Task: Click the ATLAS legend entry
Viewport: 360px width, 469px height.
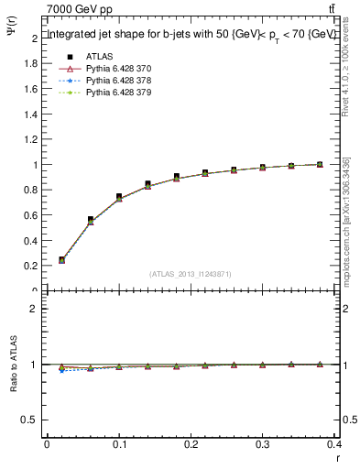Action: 98,56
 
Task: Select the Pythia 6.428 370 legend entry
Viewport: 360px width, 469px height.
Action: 118,68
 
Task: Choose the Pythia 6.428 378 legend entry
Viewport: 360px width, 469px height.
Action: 118,80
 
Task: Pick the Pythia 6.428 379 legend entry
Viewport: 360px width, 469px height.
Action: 118,92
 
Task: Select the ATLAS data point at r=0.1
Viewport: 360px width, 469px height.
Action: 119,197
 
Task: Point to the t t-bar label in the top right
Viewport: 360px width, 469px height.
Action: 331,8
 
